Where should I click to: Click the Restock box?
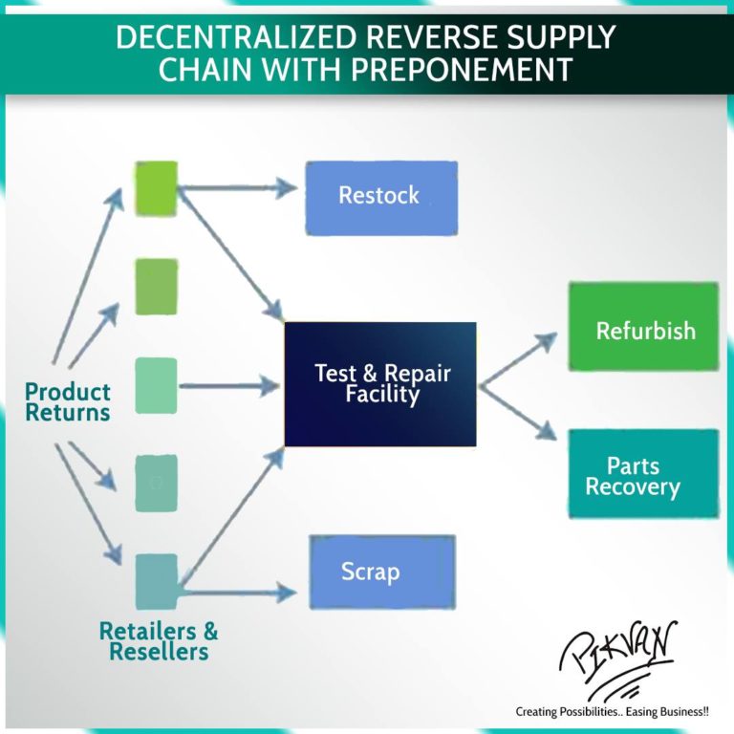coord(380,197)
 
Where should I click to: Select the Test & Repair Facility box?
coord(380,384)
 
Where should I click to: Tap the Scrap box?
coord(381,572)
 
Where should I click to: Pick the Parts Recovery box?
coord(643,474)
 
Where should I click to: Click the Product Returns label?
coord(67,402)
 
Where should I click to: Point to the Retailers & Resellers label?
coord(159,641)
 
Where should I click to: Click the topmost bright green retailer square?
coord(156,187)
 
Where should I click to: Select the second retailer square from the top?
coord(156,286)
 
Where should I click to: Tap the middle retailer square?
coord(156,385)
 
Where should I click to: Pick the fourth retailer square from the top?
coord(156,484)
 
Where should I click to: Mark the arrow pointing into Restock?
coord(239,188)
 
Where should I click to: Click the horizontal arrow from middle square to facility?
coord(229,386)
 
